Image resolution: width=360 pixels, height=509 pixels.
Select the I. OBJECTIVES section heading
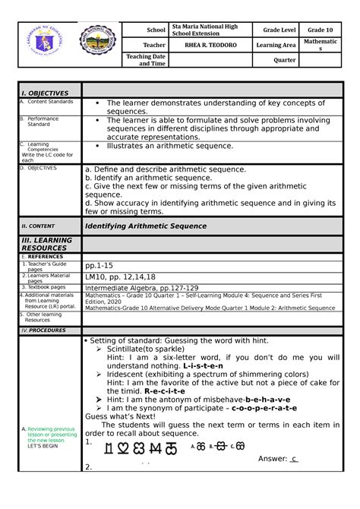45,93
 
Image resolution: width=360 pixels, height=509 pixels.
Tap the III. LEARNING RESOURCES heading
47,244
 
